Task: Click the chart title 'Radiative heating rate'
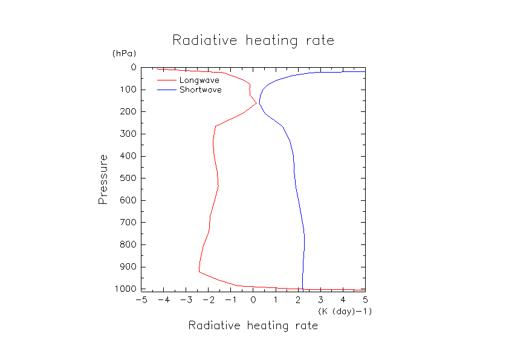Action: [253, 41]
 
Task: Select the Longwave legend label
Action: [199, 80]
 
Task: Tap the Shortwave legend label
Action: [200, 90]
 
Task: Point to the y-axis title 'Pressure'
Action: [103, 179]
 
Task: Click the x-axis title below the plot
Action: [253, 326]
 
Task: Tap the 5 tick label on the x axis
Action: [365, 299]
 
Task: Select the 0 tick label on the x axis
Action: [253, 299]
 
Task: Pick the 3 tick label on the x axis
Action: [320, 299]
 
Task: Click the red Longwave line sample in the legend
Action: [166, 80]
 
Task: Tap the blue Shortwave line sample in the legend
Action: [166, 90]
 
